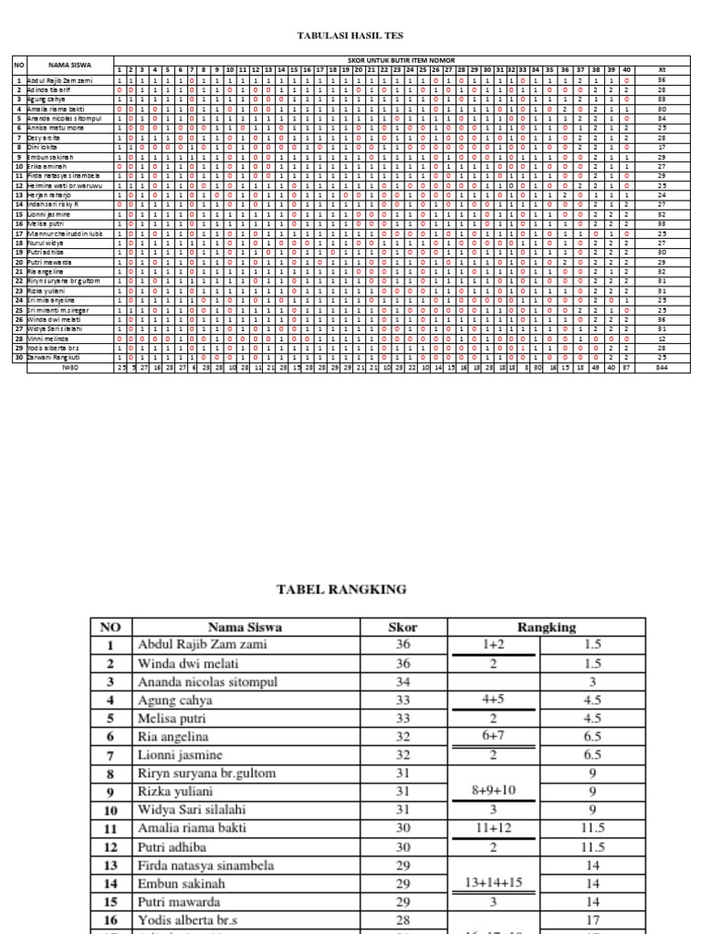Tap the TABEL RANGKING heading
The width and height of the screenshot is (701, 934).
coord(340,590)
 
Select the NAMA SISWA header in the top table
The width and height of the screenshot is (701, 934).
coord(68,65)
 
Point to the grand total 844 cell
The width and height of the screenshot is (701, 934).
coord(663,368)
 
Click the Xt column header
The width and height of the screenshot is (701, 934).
coord(663,70)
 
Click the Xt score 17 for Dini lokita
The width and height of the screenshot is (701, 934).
coord(663,146)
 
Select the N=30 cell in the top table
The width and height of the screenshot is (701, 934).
coord(68,368)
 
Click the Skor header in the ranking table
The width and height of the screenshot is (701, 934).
coord(403,627)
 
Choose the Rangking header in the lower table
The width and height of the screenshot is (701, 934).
coord(547,627)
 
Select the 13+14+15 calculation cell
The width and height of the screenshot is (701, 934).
coord(494,883)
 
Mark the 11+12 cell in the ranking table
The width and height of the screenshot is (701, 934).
coord(494,828)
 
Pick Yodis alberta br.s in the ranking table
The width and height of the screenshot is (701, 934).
coord(188,919)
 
